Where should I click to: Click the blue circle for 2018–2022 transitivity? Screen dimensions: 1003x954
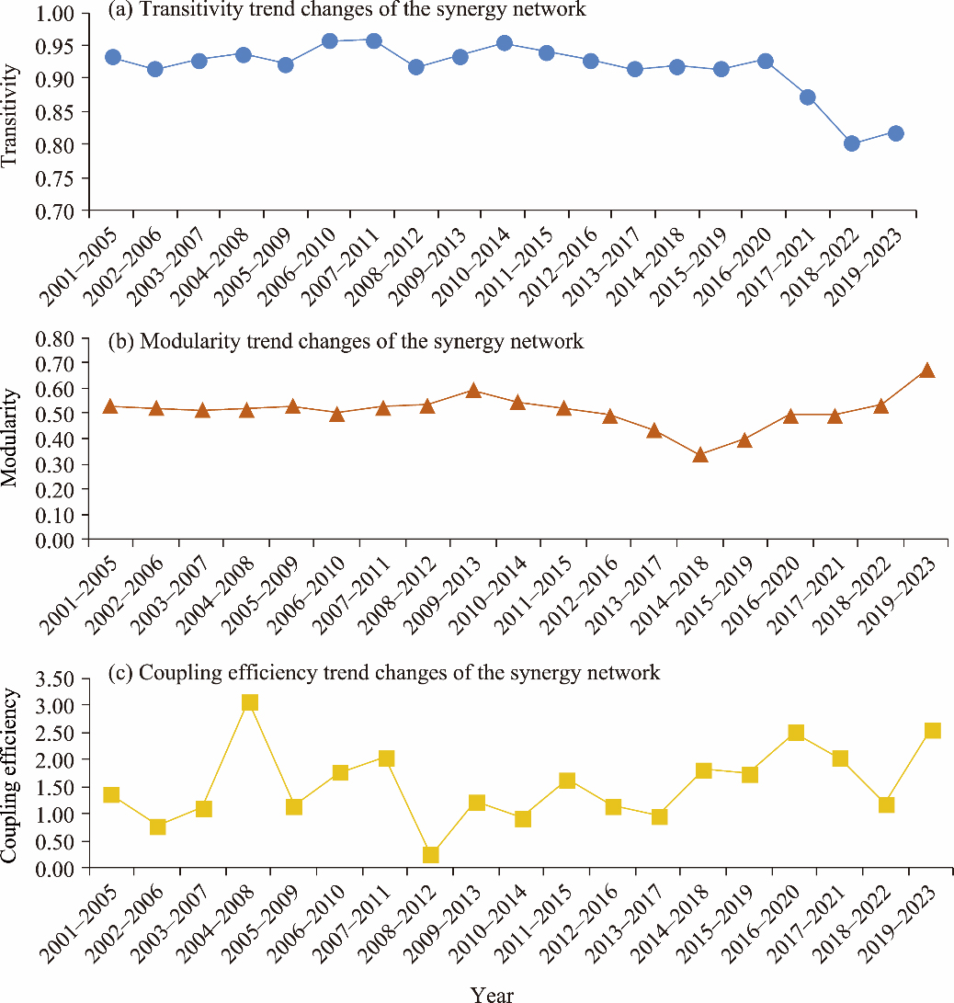coord(851,143)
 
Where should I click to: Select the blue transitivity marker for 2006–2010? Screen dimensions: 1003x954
coord(330,41)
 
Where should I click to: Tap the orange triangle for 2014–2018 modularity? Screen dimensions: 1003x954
coord(700,455)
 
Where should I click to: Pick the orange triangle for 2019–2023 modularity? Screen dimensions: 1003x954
coord(927,370)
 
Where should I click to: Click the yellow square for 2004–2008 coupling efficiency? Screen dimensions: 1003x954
coord(249,703)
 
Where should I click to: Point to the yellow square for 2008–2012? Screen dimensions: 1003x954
coord(430,855)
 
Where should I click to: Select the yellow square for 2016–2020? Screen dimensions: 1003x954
coord(796,733)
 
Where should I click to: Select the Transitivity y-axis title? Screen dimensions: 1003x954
coord(11,114)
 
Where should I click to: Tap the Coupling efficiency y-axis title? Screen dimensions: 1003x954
coord(11,775)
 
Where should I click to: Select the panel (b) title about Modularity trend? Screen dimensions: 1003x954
coord(346,342)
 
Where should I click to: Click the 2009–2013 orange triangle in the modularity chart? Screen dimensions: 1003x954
coord(473,391)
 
